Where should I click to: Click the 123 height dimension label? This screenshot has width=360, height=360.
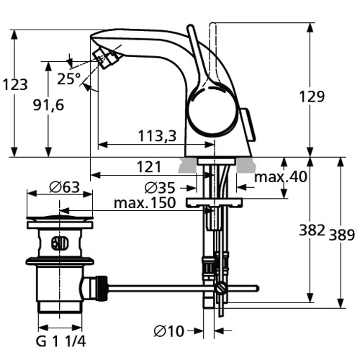15,85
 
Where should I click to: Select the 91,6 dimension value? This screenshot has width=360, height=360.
49,105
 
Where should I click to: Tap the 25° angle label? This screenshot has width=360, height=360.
69,78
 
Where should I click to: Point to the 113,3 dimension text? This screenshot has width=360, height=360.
157,135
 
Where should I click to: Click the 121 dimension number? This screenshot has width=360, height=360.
149,166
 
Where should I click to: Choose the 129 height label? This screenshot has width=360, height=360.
312,96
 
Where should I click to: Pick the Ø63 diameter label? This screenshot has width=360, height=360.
64,187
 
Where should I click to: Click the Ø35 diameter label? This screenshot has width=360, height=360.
160,188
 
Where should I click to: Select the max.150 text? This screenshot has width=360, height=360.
145,203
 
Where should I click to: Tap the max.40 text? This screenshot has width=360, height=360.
281,177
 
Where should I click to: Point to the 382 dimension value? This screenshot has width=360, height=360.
312,230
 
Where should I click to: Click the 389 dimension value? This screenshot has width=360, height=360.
341,235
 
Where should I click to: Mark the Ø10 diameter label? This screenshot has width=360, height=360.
169,331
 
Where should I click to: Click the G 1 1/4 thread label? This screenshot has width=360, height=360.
60,341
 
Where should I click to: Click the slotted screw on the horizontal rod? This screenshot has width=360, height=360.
220,288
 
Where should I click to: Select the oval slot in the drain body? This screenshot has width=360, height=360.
60,243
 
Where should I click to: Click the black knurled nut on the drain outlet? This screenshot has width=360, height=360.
102,288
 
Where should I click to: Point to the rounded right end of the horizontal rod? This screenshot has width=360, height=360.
257,288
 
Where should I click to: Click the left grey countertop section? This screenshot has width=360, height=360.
187,166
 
